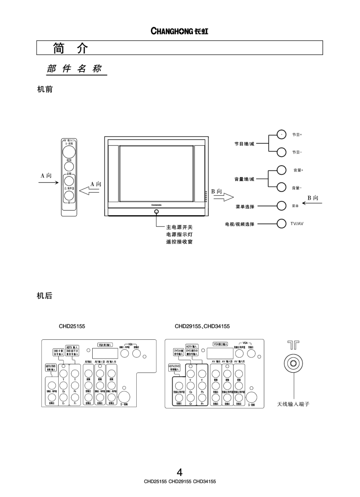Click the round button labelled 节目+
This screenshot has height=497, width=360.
coord(282,134)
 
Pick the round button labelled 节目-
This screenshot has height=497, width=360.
coord(282,152)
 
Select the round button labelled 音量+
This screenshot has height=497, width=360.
coord(282,170)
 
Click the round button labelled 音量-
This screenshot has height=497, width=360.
coord(282,188)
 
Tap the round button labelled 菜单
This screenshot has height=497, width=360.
coord(282,206)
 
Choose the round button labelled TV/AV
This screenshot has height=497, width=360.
coord(282,223)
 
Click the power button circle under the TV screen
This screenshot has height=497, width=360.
coord(156,211)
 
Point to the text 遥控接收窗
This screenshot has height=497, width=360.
coord(179,242)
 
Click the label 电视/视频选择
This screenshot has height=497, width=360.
coord(240,224)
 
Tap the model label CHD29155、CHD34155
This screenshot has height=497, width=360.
coord(199,326)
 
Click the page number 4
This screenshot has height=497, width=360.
coord(180,472)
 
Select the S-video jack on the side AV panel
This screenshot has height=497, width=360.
coord(69,152)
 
